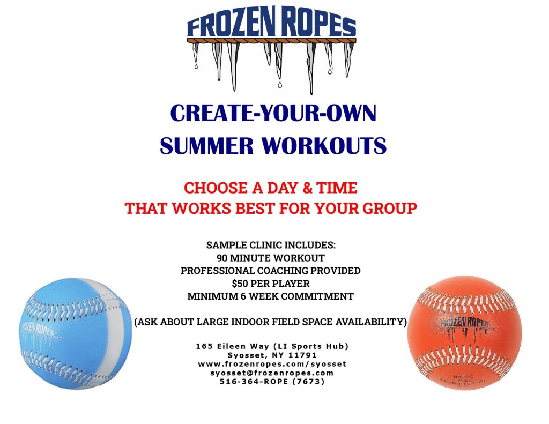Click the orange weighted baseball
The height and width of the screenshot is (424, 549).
click(x=464, y=332)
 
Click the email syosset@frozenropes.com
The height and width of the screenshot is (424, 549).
click(x=272, y=373)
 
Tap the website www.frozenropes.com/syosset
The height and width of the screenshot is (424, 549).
click(x=272, y=363)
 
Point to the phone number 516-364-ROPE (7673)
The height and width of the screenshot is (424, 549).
click(x=272, y=382)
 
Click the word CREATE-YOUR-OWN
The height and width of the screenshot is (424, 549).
click(x=273, y=114)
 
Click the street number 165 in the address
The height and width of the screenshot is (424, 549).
click(x=204, y=346)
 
